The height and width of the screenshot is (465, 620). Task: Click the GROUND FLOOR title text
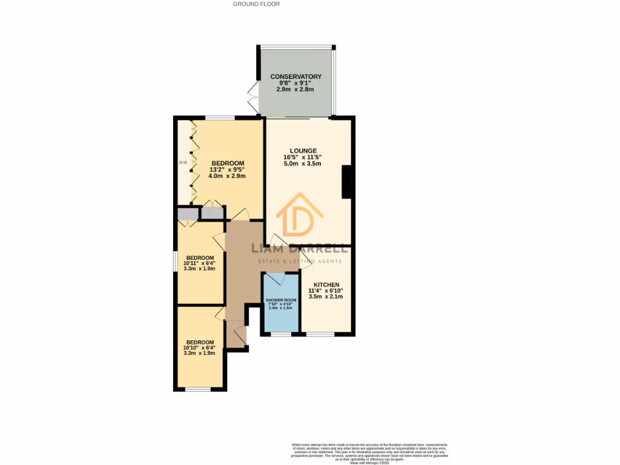pos(256,4)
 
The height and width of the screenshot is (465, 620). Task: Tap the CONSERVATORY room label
pos(295,76)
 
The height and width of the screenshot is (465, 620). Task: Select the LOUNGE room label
pos(302,151)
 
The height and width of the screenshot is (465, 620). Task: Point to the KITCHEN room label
pos(326,285)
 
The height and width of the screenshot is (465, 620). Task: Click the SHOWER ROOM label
pos(280,300)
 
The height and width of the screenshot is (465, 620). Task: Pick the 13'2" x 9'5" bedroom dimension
pos(227,170)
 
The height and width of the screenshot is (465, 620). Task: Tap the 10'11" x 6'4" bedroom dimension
pos(199,263)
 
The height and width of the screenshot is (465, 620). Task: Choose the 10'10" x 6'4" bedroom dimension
pos(199,348)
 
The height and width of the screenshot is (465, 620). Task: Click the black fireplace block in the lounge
pos(347,182)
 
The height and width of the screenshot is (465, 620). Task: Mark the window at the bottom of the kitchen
pos(320,334)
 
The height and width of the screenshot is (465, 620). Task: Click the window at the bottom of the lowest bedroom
pos(197,389)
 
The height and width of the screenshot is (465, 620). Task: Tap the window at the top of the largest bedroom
pos(220,117)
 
